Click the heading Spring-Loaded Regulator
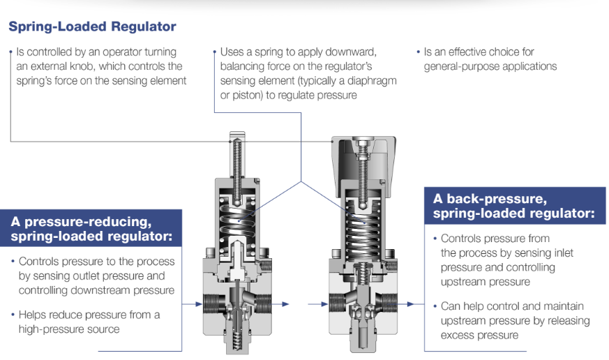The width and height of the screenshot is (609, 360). (x=92, y=27)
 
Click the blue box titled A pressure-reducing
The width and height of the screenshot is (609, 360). (x=91, y=228)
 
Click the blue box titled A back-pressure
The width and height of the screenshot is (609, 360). (x=515, y=206)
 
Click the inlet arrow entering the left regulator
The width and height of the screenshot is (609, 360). (x=192, y=304)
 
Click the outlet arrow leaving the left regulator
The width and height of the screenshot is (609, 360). (x=280, y=304)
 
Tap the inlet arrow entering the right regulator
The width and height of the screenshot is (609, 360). (x=317, y=304)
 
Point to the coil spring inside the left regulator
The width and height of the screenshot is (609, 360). (x=237, y=221)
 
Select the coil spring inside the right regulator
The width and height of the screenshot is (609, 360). (x=363, y=229)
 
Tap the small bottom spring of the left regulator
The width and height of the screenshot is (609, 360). (x=237, y=339)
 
